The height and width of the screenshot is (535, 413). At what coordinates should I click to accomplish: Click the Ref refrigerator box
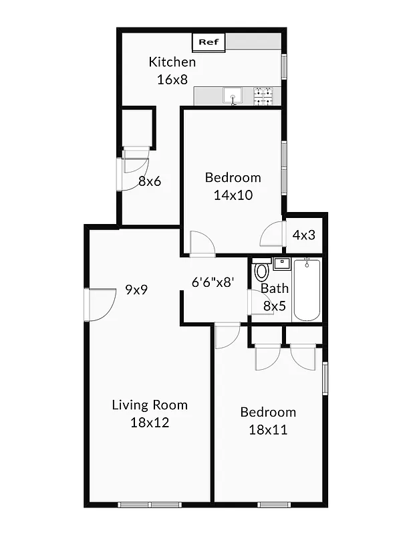[209, 42]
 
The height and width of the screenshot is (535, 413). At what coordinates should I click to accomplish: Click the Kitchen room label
[172, 62]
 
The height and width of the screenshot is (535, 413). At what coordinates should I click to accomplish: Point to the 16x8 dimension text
[172, 79]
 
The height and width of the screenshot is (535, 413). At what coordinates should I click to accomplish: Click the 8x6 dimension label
[150, 181]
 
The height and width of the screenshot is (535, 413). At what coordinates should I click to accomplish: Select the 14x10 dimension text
[233, 195]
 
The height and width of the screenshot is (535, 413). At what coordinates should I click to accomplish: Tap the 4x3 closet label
[304, 235]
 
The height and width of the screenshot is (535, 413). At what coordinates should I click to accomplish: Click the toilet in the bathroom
[261, 272]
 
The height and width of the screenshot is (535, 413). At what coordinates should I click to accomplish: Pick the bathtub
[307, 290]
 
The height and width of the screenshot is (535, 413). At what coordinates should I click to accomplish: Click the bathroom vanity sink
[281, 263]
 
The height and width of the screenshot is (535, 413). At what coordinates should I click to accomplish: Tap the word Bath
[274, 289]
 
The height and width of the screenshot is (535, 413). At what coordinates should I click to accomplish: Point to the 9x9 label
[136, 290]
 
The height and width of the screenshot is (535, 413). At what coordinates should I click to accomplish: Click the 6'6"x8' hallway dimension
[212, 282]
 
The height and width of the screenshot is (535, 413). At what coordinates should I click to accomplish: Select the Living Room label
[150, 405]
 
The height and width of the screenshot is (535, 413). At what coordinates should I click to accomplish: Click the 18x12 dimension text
[150, 422]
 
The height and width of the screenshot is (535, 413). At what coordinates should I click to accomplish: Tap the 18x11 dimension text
[267, 429]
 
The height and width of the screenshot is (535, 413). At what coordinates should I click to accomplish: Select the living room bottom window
[150, 504]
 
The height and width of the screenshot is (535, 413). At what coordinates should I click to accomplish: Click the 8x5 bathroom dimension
[274, 306]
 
